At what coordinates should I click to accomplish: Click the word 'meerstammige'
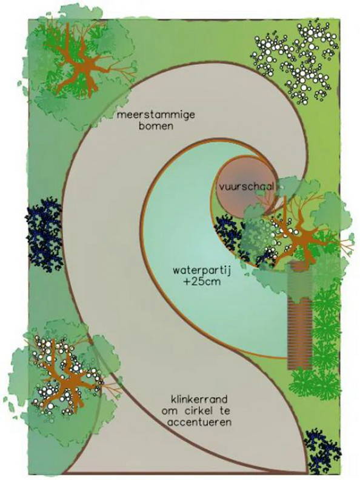[156, 115]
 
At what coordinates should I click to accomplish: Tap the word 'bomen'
[156, 126]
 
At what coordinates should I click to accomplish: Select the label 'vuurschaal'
[246, 187]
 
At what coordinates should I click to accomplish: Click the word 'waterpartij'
[201, 271]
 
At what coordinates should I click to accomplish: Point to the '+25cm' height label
[202, 281]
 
